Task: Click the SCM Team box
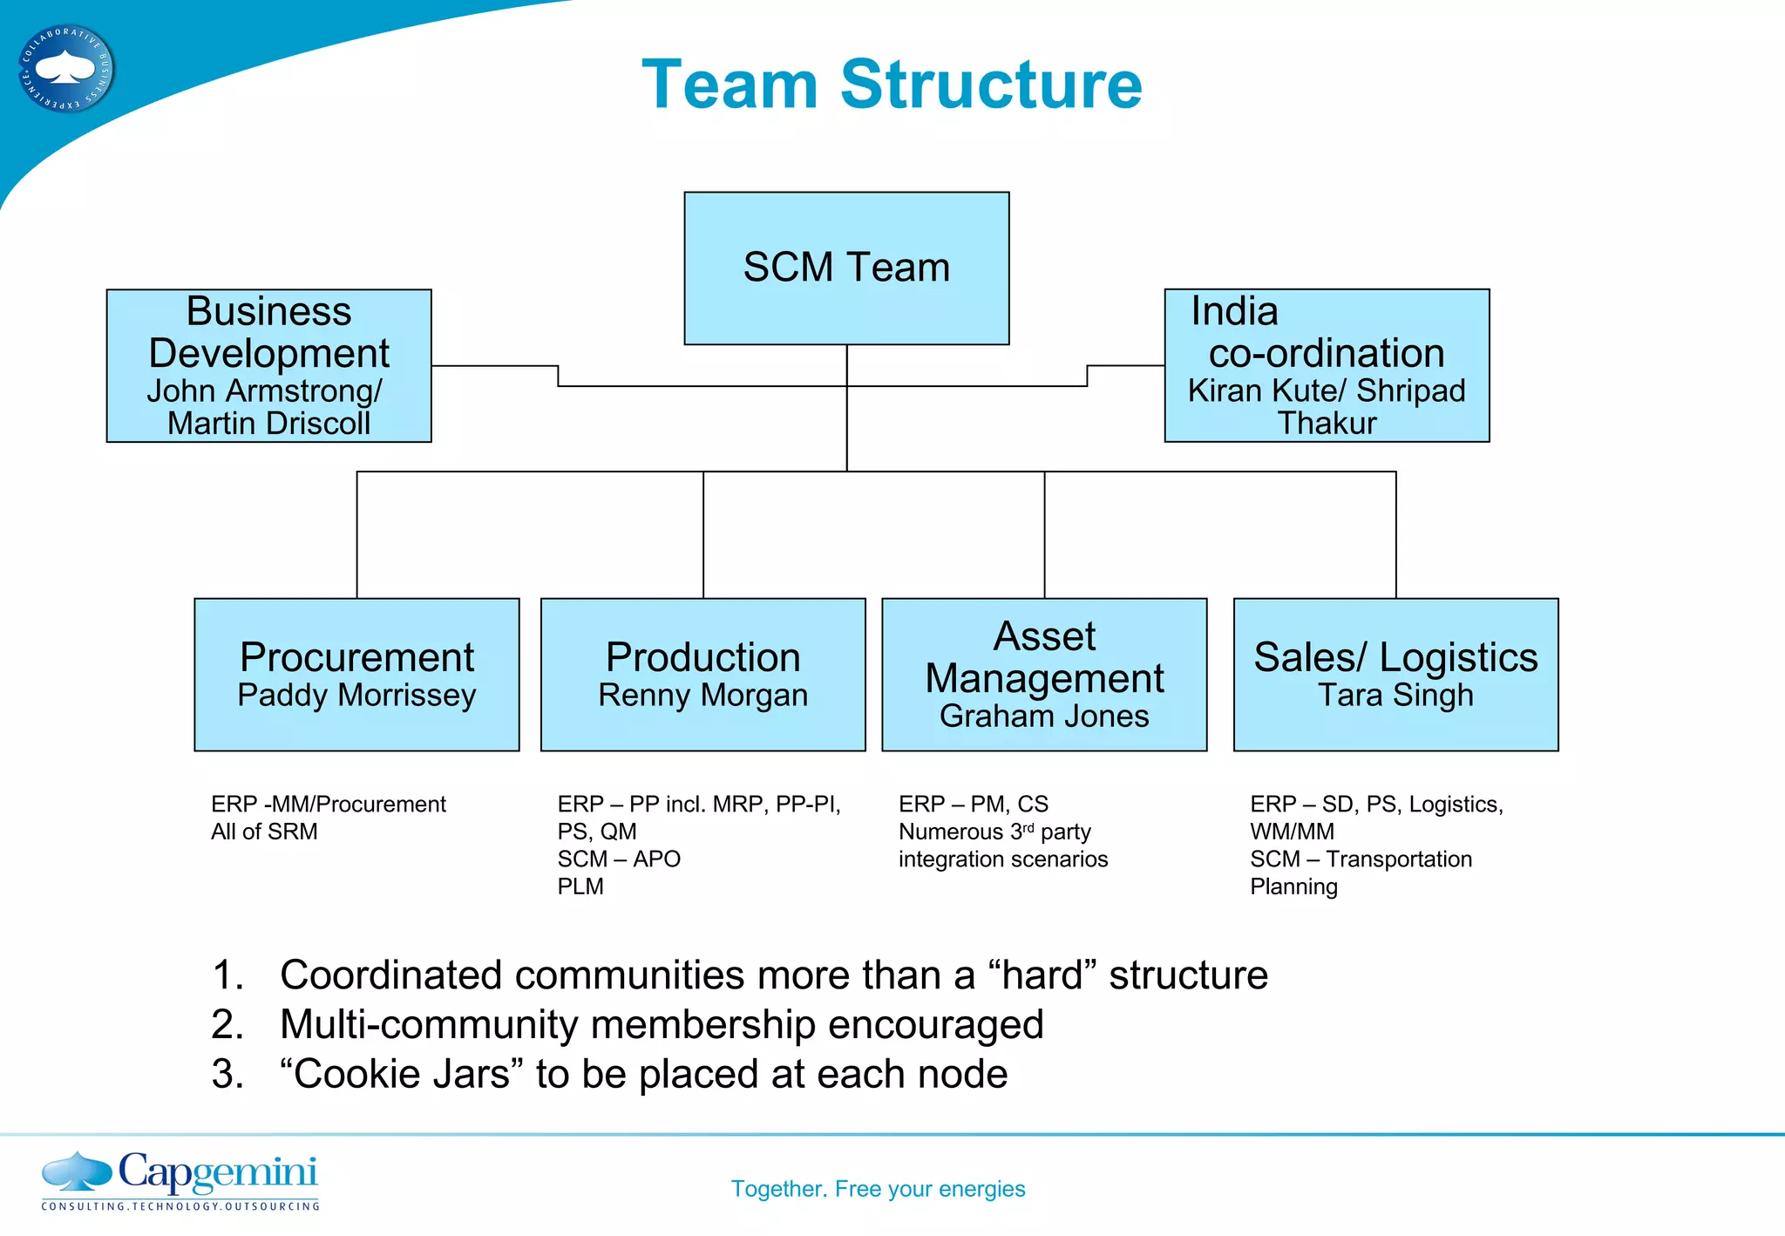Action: point(846,268)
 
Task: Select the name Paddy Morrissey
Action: point(356,696)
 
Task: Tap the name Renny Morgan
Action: point(702,696)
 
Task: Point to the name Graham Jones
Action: point(1044,716)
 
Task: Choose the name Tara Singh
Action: point(1395,696)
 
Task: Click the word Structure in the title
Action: point(990,85)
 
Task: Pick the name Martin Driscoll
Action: point(268,424)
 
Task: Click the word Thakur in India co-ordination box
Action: point(1327,424)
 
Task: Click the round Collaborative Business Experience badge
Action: point(66,68)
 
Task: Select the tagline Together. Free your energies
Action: point(878,1189)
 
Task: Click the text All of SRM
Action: point(264,832)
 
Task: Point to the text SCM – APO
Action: point(619,859)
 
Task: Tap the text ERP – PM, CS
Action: point(974,804)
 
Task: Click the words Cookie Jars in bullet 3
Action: point(401,1074)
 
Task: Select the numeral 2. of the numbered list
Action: point(227,1025)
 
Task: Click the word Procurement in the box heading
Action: point(356,657)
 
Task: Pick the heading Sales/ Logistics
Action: point(1395,657)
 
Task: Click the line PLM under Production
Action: point(580,886)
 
